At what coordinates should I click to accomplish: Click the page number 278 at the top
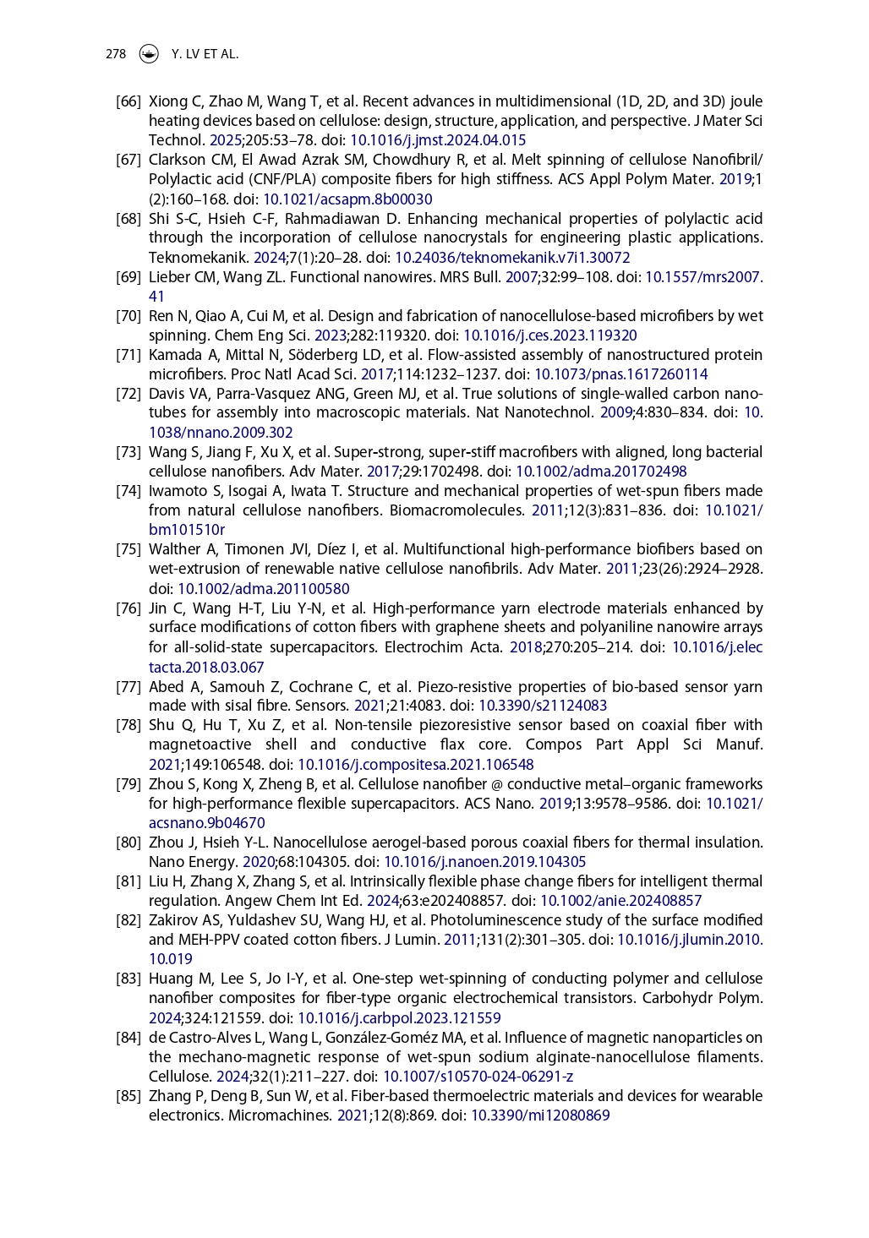tap(115, 54)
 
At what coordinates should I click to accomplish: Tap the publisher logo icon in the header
tap(149, 54)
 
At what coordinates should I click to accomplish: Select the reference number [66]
tap(128, 101)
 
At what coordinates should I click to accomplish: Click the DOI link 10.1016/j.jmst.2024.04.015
tap(437, 140)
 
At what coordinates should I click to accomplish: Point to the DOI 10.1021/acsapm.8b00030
tap(347, 199)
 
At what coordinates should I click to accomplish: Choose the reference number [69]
tap(128, 277)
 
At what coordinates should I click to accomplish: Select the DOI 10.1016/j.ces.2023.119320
tap(549, 335)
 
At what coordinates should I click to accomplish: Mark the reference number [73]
tap(128, 452)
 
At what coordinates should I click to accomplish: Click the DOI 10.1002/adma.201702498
tap(601, 472)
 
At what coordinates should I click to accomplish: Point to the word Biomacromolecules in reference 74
tap(456, 510)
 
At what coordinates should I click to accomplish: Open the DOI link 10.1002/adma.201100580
tap(263, 589)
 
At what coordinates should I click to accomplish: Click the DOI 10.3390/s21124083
tap(543, 706)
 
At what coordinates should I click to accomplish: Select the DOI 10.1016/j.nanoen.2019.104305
tap(484, 862)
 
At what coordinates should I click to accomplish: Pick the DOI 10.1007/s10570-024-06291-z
tap(478, 1077)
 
